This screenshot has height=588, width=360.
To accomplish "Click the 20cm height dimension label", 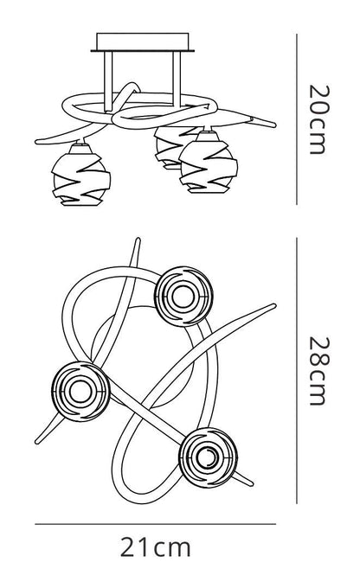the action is click(x=319, y=119).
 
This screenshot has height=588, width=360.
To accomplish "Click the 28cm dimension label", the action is click(x=319, y=371).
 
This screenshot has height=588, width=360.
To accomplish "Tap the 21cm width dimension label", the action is click(x=156, y=548).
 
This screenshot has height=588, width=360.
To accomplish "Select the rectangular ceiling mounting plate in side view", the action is click(x=143, y=42).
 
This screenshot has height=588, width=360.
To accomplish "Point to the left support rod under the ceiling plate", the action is click(x=108, y=81).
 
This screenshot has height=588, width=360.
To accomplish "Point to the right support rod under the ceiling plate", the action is click(x=177, y=79).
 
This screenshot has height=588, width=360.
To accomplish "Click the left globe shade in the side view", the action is click(x=80, y=175).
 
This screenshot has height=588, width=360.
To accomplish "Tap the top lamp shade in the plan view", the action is click(x=183, y=297).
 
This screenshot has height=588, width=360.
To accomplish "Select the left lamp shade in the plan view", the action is click(x=80, y=392).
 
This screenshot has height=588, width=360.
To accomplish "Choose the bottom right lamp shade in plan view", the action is click(x=208, y=457).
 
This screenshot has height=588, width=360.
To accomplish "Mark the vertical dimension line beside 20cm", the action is click(x=297, y=119).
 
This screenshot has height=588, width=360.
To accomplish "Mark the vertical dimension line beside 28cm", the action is click(x=297, y=370).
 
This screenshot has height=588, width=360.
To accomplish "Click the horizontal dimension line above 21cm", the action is click(x=156, y=524).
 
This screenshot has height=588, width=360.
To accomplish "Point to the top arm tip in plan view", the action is click(x=138, y=239).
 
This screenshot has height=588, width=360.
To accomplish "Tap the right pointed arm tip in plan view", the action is click(x=274, y=305).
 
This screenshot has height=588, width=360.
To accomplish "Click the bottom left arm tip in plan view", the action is click(x=37, y=442).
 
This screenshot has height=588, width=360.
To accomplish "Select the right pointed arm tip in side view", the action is click(x=274, y=125).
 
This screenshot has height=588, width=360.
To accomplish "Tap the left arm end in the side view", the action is click(x=37, y=142).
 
